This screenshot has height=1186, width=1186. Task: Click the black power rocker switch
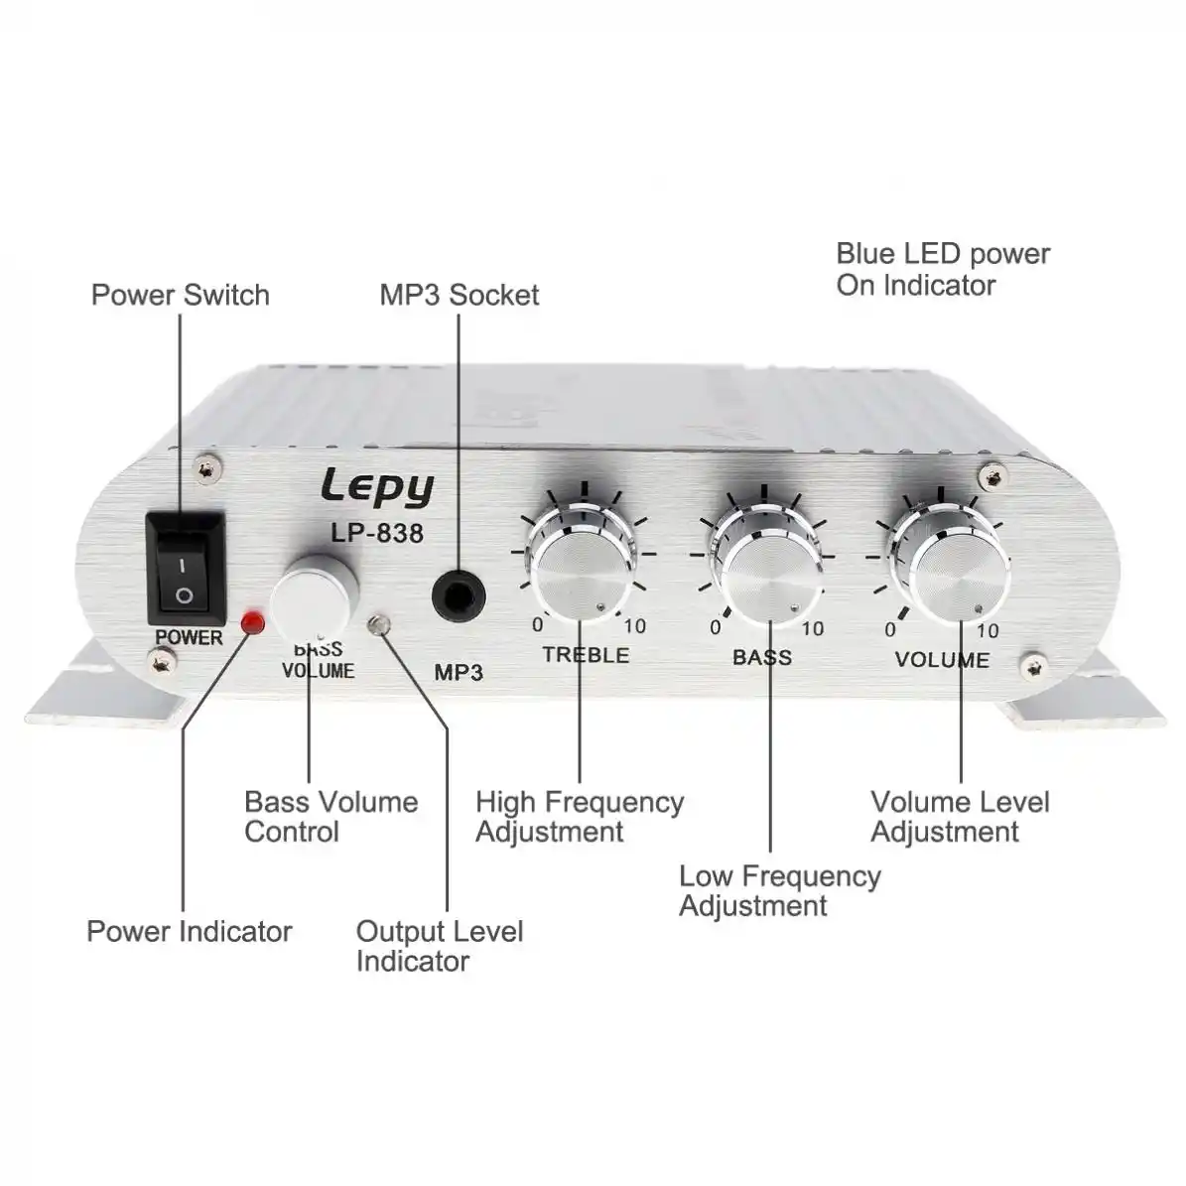[x=186, y=569]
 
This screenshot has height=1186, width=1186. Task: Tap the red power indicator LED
[x=253, y=623]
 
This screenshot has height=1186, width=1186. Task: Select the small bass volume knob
[x=315, y=598]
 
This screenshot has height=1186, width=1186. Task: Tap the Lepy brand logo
[x=377, y=487]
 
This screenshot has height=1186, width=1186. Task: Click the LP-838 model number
[x=377, y=533]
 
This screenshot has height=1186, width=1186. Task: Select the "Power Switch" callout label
[x=180, y=295]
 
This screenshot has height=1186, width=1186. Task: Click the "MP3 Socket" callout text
[x=460, y=295]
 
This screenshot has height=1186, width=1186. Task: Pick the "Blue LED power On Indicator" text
[x=943, y=269]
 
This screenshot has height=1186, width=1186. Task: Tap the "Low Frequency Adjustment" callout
[x=780, y=890]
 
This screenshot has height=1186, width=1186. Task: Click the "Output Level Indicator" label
[x=440, y=946]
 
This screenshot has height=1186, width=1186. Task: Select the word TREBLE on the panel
[x=587, y=655]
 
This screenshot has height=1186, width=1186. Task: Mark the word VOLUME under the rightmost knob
[x=943, y=660]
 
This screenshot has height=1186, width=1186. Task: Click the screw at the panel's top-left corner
[x=205, y=469]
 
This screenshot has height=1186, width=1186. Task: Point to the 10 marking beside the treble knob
[x=634, y=626]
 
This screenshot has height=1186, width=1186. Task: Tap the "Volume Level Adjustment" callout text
[x=960, y=817]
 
